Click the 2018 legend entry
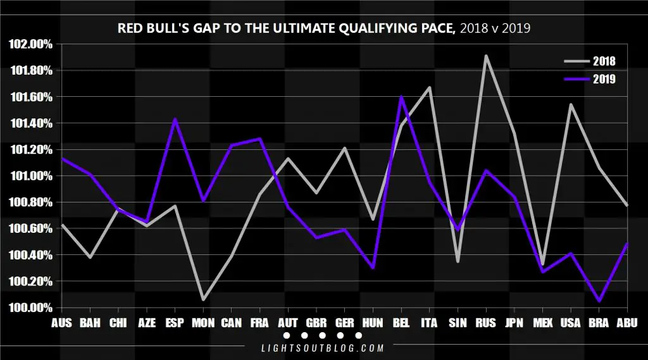pyautogui.click(x=590, y=61)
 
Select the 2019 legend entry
pyautogui.click(x=590, y=79)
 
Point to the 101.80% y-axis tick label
pyautogui.click(x=32, y=71)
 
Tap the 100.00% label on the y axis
pyautogui.click(x=30, y=308)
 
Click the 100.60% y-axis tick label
pyautogui.click(x=30, y=228)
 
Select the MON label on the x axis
pyautogui.click(x=203, y=323)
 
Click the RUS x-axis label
pyautogui.click(x=485, y=323)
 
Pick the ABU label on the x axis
pyautogui.click(x=627, y=323)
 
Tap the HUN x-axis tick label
pyautogui.click(x=373, y=323)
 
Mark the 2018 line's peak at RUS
pyautogui.click(x=486, y=56)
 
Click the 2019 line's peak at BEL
pyautogui.click(x=401, y=97)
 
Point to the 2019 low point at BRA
pyautogui.click(x=599, y=301)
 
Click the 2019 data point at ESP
pyautogui.click(x=175, y=120)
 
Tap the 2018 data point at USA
pyautogui.click(x=571, y=104)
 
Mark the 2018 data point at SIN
pyautogui.click(x=458, y=262)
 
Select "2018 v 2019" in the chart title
pyautogui.click(x=495, y=28)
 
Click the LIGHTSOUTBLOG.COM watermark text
pyautogui.click(x=323, y=348)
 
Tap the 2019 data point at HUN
pyautogui.click(x=373, y=268)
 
